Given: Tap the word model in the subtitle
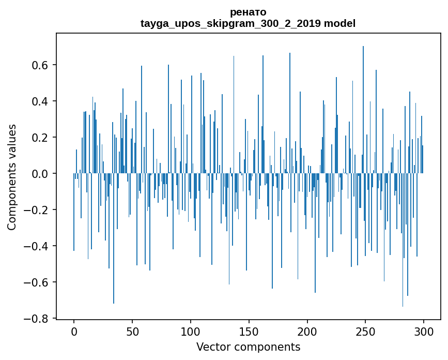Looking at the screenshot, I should [339, 23].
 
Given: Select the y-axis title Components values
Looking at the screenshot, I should [12, 177].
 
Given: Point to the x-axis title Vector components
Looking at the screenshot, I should [248, 347].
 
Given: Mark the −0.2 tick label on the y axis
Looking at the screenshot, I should [37, 210].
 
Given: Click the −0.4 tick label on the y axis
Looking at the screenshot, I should [37, 246].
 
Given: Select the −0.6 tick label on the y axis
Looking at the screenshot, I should [37, 282].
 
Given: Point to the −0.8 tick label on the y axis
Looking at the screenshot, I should [37, 319].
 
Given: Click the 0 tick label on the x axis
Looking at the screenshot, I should [74, 332].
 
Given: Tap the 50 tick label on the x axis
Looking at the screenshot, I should [132, 332].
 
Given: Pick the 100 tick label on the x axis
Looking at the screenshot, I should [191, 332].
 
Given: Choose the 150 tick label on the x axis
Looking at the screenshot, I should [249, 332].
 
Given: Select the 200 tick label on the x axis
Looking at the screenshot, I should [307, 332].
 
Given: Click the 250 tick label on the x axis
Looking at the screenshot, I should [365, 332].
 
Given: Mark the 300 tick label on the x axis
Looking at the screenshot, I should [424, 332].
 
